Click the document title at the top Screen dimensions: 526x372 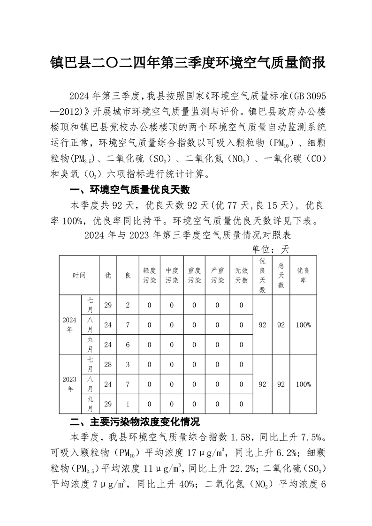tap(188, 62)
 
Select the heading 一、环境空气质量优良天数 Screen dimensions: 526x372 tap(129, 190)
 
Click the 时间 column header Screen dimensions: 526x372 tap(79, 275)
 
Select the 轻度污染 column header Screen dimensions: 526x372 tap(149, 275)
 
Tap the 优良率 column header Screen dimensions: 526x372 tap(304, 275)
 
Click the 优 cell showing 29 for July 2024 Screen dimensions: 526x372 tap(108, 306)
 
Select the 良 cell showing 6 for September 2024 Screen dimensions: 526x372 tap(128, 345)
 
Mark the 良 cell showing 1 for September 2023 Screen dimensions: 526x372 tap(128, 404)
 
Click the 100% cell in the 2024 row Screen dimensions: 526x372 tap(304, 325)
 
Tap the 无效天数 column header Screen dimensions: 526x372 tap(241, 275)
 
